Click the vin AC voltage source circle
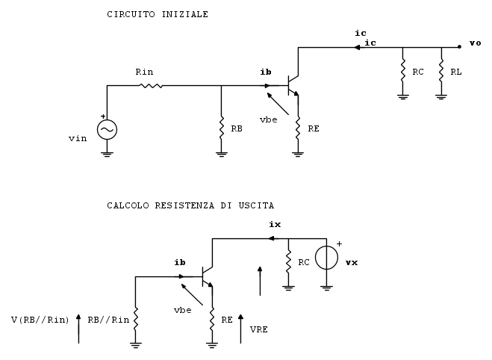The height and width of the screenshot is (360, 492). (107, 130)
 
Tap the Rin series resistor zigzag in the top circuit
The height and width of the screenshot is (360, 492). (151, 85)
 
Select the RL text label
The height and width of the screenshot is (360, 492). (456, 72)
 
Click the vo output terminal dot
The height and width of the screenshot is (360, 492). (459, 47)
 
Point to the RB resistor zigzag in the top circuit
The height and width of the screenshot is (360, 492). (222, 128)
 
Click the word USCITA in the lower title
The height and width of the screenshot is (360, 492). (256, 205)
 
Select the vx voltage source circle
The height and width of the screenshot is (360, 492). (327, 258)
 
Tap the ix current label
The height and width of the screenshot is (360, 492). (275, 224)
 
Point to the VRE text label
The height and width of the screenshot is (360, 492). (259, 329)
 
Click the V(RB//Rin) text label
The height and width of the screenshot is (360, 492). (40, 320)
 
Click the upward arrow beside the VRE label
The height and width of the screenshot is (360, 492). (240, 329)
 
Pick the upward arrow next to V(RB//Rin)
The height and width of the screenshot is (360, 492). (78, 329)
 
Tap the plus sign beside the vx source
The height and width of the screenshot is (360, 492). (339, 244)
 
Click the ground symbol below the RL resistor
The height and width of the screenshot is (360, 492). (441, 97)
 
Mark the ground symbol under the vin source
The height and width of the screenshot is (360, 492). (107, 154)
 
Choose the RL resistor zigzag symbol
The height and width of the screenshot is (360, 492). (441, 71)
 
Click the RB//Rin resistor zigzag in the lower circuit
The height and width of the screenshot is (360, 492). (136, 319)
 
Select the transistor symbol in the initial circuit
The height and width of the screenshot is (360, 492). (293, 85)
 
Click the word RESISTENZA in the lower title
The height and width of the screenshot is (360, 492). (184, 205)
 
